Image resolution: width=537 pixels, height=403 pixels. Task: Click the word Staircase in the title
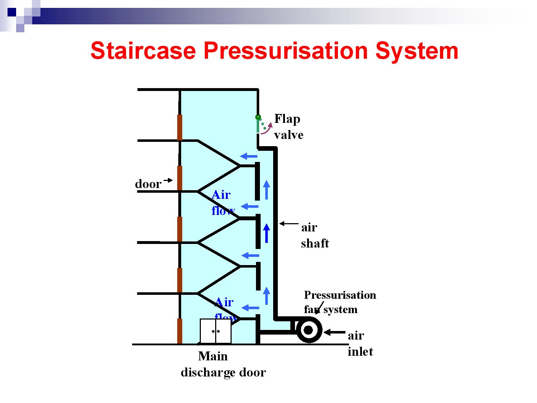143,51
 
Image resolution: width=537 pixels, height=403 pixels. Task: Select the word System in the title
417,51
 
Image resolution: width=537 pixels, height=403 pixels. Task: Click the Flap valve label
288,126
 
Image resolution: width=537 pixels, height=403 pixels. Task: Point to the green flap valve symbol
258,124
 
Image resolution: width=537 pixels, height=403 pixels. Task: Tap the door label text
148,184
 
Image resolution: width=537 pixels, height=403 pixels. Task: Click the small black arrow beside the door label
168,180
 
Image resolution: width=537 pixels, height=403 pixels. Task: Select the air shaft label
314,235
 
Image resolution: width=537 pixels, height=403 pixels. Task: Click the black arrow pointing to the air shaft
289,224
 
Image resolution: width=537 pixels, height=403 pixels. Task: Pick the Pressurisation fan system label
339,302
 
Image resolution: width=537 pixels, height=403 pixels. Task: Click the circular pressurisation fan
309,330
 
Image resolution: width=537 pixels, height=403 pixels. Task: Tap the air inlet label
360,343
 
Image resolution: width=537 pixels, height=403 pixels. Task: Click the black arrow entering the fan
334,332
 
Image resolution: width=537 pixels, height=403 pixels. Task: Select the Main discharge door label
223,364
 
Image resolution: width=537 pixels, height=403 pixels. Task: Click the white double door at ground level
216,331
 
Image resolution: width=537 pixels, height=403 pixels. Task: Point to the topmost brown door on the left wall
180,128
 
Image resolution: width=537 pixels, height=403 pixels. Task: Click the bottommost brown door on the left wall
180,331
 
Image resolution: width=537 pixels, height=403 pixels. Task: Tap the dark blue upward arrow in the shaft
266,233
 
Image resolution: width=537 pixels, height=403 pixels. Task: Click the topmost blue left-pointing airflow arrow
249,156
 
